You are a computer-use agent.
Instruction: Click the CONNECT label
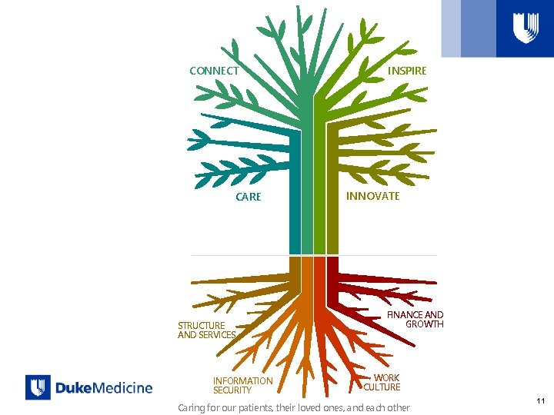coord(214,71)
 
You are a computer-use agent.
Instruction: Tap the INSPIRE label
coord(407,71)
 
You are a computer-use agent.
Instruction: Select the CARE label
coord(249,197)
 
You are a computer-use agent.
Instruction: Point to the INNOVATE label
coord(372,196)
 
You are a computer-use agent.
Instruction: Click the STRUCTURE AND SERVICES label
coord(206,330)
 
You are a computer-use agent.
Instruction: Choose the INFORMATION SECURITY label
coord(242,385)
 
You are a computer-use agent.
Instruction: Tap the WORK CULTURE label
coord(383,383)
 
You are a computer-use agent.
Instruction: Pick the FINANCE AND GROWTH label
coord(416,319)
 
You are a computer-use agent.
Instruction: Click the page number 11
coord(541,400)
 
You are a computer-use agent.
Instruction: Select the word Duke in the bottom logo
coord(74,388)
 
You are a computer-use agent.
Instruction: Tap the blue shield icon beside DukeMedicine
coord(38,387)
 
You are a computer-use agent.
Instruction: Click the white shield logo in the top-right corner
coord(526,28)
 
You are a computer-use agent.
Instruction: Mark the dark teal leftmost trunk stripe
coord(295,200)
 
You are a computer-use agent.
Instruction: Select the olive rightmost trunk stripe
coord(332,200)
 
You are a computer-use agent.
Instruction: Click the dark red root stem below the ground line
coord(332,269)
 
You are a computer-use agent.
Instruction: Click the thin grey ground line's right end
coord(435,255)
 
